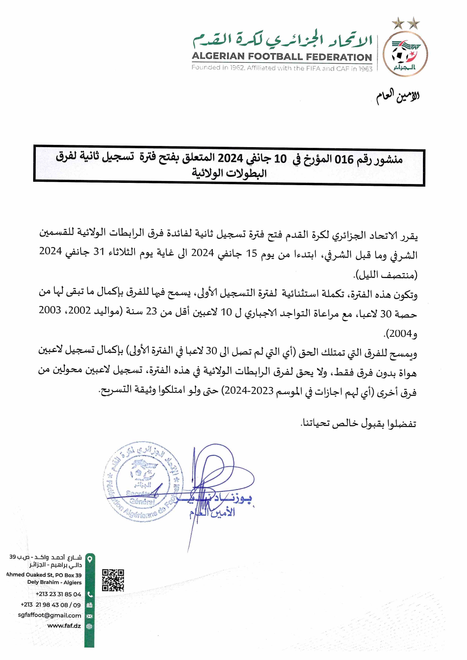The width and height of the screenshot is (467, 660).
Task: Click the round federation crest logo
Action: click(x=405, y=54)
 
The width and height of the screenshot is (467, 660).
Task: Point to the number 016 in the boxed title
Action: click(x=344, y=160)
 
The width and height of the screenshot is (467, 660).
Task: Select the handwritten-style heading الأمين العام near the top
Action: click(x=398, y=96)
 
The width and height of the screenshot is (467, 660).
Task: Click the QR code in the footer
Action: click(x=113, y=580)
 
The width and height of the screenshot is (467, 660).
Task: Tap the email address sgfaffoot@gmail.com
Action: click(x=49, y=615)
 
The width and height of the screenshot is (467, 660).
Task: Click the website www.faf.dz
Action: click(x=64, y=626)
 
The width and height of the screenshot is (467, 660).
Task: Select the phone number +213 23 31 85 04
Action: click(x=58, y=594)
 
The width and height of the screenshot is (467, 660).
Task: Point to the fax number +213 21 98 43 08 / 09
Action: click(x=50, y=605)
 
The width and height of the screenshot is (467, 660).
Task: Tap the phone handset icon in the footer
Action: click(x=90, y=595)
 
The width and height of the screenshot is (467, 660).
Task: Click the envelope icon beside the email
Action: click(x=90, y=616)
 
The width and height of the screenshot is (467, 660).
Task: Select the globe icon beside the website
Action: click(x=90, y=627)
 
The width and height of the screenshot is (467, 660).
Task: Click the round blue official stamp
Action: click(x=142, y=482)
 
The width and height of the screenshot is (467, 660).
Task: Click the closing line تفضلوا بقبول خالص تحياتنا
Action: click(x=359, y=424)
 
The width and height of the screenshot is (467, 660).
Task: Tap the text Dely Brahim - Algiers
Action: click(x=54, y=582)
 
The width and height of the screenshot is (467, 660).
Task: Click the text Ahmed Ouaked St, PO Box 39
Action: click(x=44, y=575)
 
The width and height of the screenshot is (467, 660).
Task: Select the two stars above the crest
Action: click(x=406, y=24)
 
